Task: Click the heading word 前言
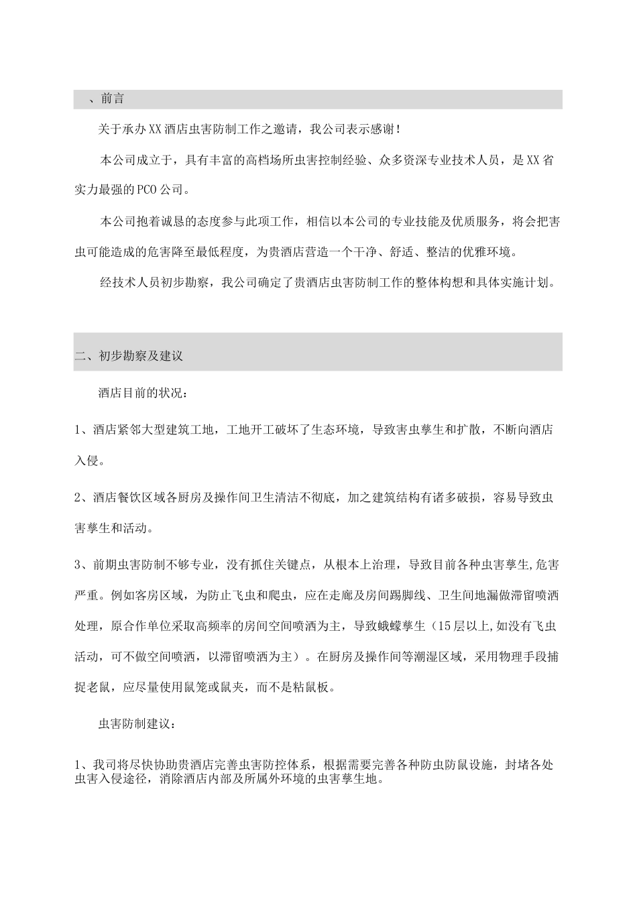(x=113, y=99)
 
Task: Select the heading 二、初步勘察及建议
(x=129, y=357)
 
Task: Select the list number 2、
(x=82, y=497)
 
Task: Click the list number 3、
(x=82, y=565)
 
